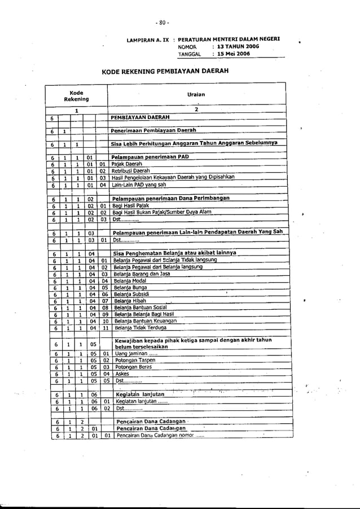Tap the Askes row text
(121, 374)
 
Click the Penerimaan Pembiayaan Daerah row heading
(148, 130)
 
